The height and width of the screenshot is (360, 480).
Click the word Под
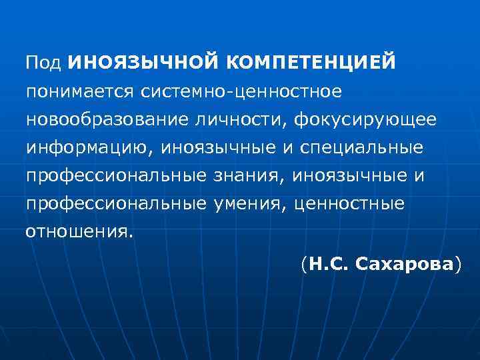point(43,62)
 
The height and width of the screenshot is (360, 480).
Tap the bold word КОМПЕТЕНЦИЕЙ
point(311,62)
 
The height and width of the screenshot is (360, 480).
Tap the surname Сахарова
point(404,265)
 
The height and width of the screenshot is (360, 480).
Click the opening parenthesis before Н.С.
point(303,265)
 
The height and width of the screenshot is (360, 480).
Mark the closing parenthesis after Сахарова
point(457,265)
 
